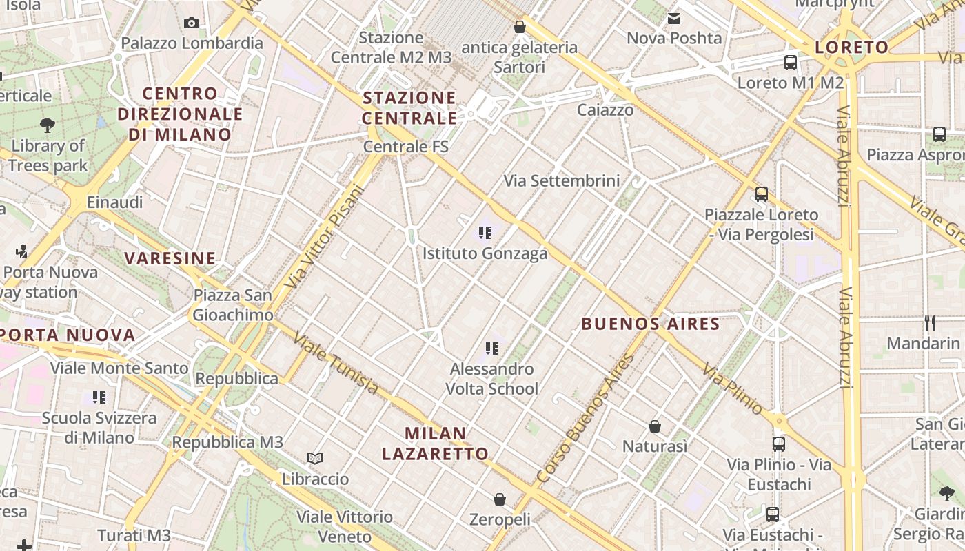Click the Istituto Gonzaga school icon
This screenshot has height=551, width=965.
point(485,233)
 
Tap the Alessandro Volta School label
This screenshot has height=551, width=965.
point(491,379)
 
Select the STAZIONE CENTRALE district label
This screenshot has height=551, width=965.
point(409,107)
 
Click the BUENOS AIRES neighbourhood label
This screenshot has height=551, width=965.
point(651,324)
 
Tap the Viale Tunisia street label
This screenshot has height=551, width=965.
point(336,363)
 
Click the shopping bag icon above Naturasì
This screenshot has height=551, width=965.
point(655,426)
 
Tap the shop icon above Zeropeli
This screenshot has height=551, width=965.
point(500,499)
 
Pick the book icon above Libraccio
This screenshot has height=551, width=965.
point(315,458)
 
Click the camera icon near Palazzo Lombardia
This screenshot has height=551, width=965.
point(192,23)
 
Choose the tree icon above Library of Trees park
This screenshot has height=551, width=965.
point(48,125)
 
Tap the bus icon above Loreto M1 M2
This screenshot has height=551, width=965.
point(791,63)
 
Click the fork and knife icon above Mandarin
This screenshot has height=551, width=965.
point(930,322)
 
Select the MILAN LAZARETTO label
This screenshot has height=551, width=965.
point(436,444)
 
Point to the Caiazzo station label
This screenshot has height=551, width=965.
point(605,110)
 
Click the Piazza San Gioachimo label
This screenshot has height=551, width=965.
point(233,305)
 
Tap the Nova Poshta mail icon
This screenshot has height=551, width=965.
point(674,19)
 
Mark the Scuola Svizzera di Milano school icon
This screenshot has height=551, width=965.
point(99,397)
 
